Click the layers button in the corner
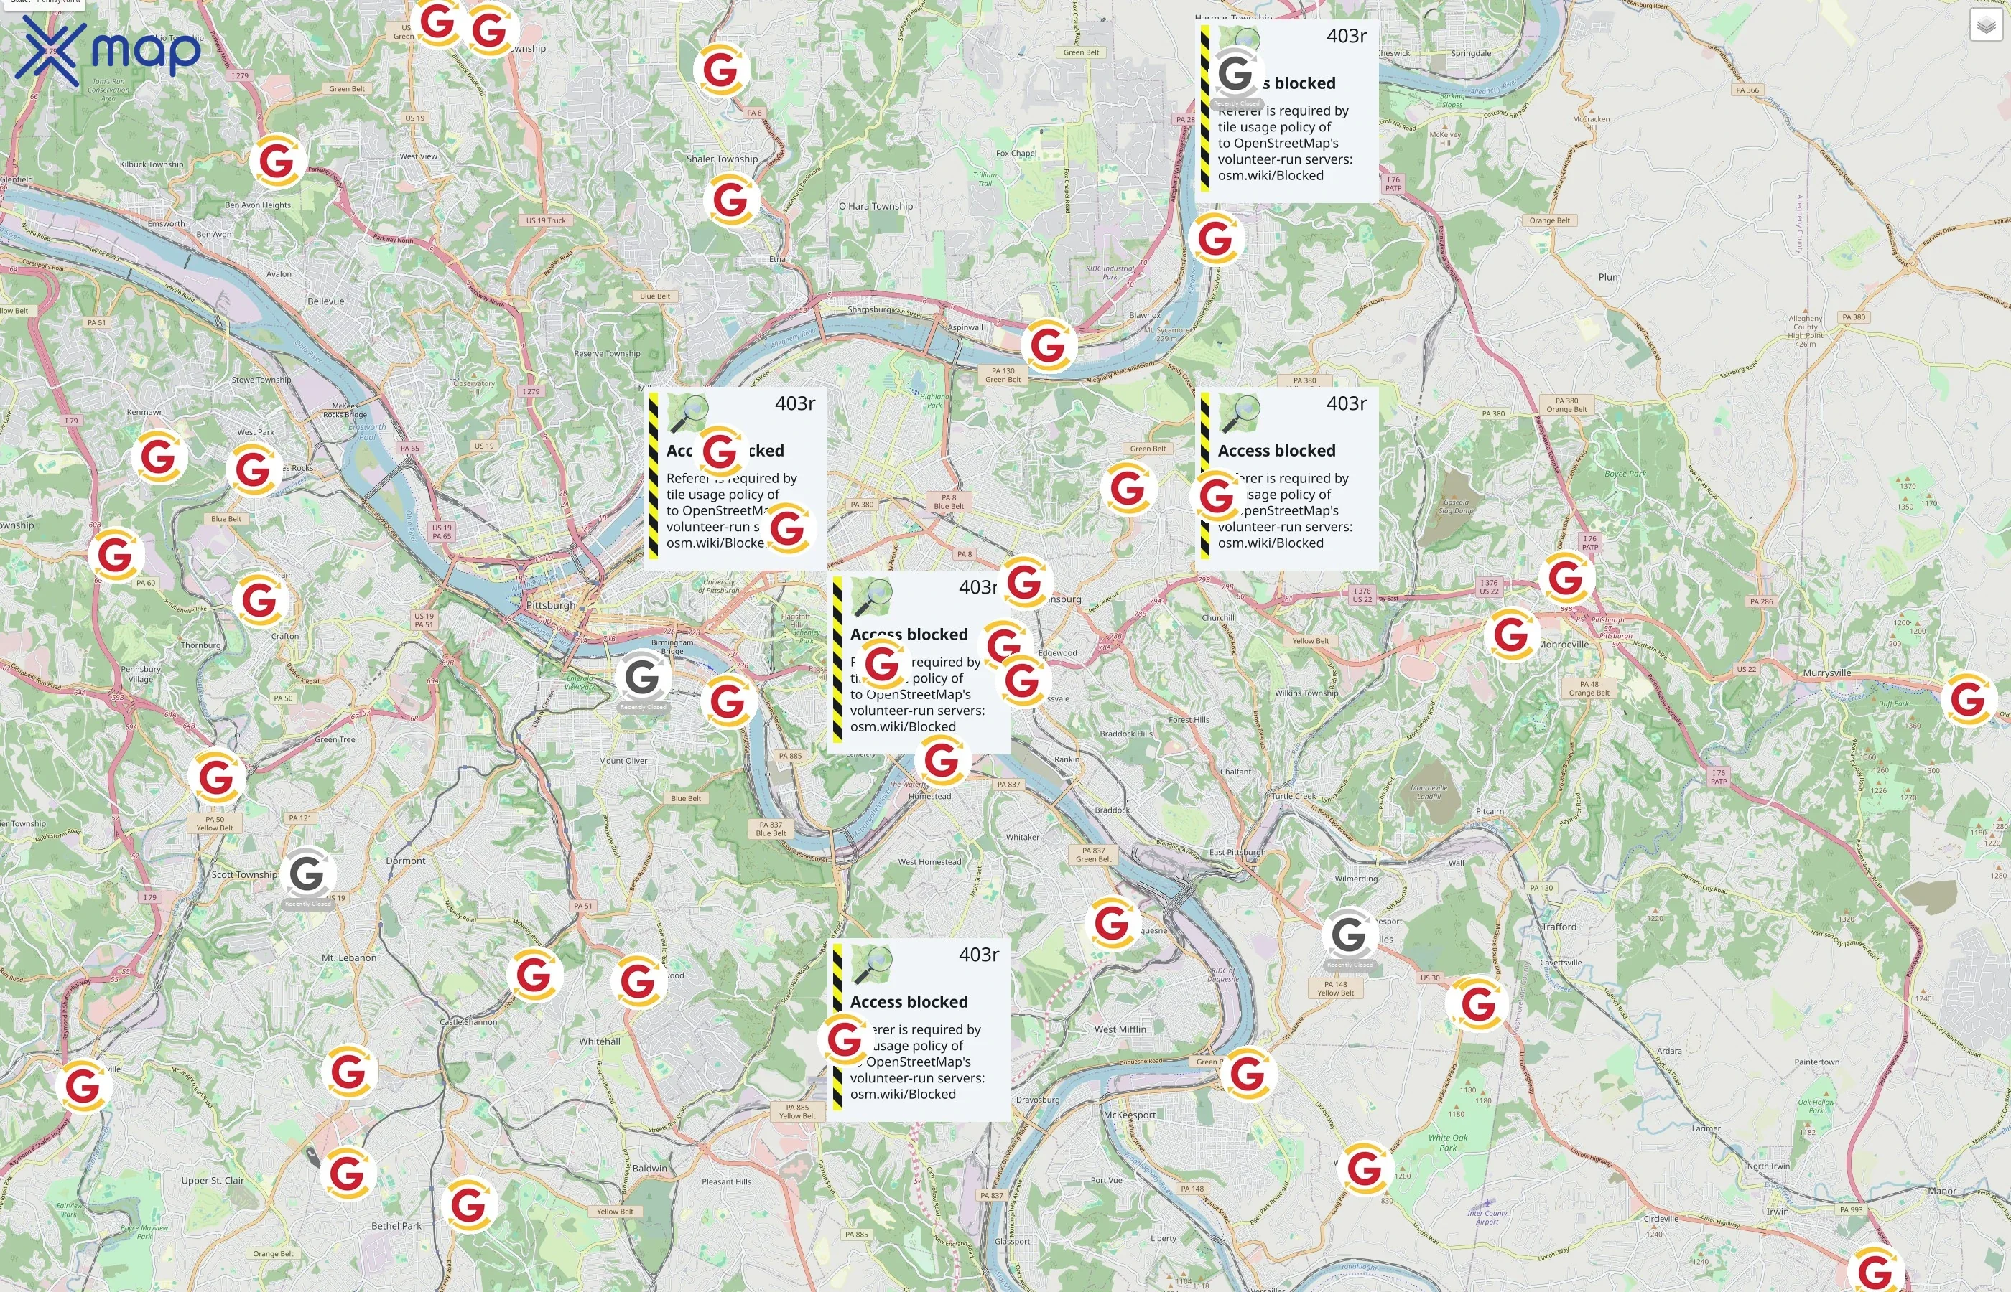click(1986, 25)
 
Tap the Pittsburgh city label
click(551, 605)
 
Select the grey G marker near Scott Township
click(307, 875)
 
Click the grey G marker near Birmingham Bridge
click(642, 677)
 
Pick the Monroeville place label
click(1564, 645)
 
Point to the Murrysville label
click(1826, 673)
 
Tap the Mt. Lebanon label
click(349, 958)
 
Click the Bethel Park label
click(396, 1226)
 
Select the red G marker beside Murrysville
click(1967, 699)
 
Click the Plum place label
click(1609, 277)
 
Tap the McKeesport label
click(1129, 1115)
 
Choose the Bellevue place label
click(325, 301)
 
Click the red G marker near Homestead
click(942, 761)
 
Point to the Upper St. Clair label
click(213, 1181)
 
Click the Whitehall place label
click(599, 1041)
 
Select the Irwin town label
click(1777, 1212)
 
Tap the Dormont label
click(405, 861)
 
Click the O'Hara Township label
click(876, 207)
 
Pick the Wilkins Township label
click(1306, 693)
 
